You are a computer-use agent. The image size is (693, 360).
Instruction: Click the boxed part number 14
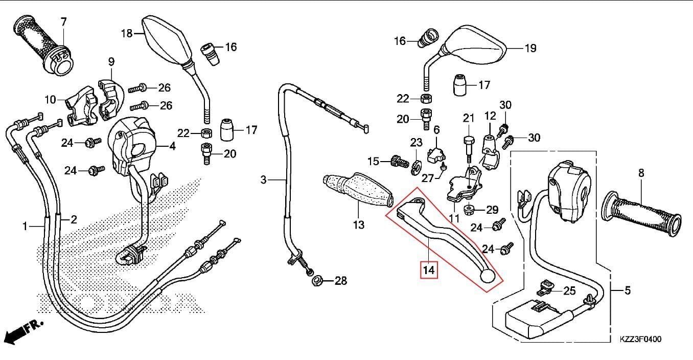coord(428,270)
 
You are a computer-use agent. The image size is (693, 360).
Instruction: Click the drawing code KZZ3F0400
coord(640,339)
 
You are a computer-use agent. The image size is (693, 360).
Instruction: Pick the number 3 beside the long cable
coord(264,180)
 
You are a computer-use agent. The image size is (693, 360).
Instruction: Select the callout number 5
coord(627,290)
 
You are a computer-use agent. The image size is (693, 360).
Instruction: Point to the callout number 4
coord(172,146)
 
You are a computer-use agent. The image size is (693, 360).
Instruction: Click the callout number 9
coord(111,62)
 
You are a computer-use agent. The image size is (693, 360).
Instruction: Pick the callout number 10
coord(50,100)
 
